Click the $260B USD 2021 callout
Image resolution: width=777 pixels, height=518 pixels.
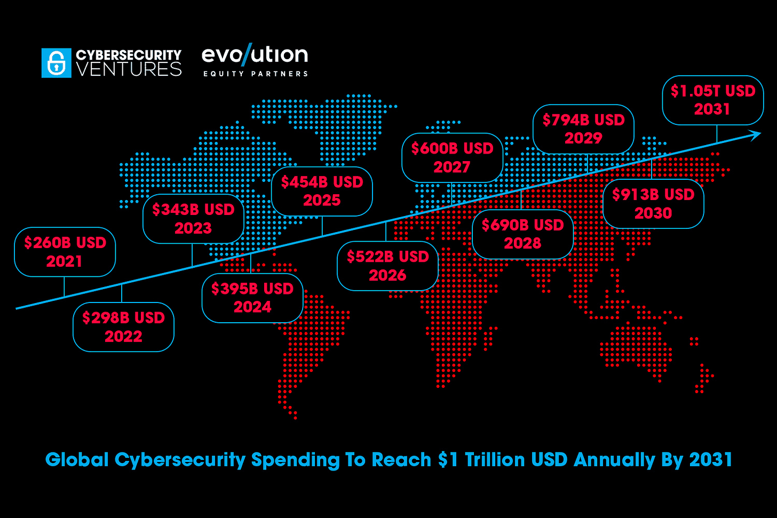pos(65,252)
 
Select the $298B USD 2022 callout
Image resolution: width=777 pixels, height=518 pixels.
pos(123,327)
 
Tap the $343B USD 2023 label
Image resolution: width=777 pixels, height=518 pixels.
pos(193,219)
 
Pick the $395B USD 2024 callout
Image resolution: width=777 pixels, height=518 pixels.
pos(252,298)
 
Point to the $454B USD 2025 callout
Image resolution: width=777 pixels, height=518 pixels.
pos(322,191)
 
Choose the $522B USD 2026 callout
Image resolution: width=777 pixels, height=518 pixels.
pos(387,266)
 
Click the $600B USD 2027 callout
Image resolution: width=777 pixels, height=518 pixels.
pos(452,157)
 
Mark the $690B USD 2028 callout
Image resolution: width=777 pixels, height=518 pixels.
pos(522,234)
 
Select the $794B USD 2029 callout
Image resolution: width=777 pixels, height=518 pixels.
pos(583,129)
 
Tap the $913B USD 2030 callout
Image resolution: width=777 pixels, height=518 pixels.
pos(653,204)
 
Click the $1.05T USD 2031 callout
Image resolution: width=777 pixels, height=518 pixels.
pos(712,100)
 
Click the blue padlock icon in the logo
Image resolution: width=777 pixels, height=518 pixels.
pos(56,63)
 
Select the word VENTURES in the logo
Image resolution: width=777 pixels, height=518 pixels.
pos(129,69)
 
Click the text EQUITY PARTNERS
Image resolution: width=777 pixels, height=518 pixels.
pos(255,74)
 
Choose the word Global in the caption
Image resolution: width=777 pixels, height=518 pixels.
pos(77,460)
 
